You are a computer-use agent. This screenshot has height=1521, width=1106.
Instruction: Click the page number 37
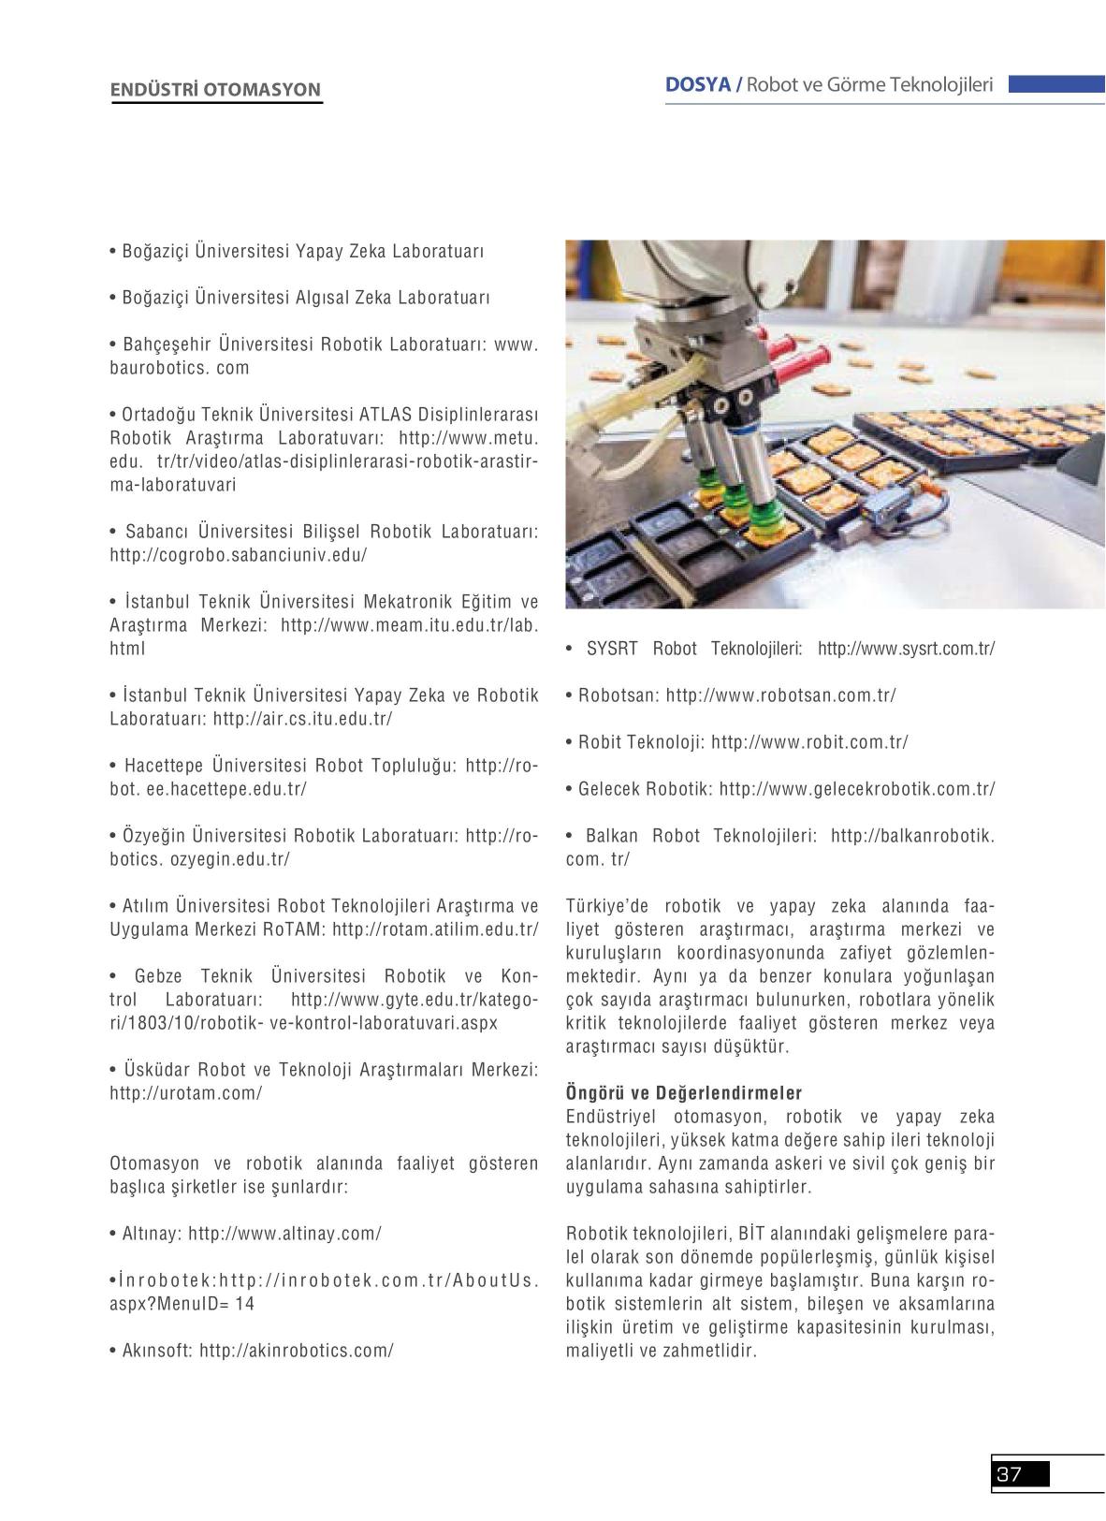tap(1010, 1474)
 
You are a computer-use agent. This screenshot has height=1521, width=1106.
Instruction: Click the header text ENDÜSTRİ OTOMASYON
tap(215, 90)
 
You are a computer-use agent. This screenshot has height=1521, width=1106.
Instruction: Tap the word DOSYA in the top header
tap(697, 84)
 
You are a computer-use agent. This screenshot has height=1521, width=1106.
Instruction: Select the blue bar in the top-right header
tap(1055, 84)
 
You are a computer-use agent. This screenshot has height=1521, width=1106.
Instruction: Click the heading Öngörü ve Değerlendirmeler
tap(684, 1093)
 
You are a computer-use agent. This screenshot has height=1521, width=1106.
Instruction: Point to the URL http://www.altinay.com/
tap(284, 1234)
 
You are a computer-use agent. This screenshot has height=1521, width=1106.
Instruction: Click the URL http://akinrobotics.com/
tap(296, 1351)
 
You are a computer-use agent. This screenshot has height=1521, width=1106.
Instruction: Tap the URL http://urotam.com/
tap(185, 1093)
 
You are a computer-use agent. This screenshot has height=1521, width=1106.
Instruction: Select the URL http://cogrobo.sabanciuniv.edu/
tap(238, 555)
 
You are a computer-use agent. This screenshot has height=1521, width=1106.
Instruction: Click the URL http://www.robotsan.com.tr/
tap(780, 695)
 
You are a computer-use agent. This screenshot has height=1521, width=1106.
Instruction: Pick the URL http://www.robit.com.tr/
tap(809, 742)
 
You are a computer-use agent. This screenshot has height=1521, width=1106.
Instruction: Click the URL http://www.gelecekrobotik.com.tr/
tap(857, 789)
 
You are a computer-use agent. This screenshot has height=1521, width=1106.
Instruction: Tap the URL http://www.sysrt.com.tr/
tap(906, 649)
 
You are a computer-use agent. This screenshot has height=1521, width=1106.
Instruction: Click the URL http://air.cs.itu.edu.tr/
tap(302, 719)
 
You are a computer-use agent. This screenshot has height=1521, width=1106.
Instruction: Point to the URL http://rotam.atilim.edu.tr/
tap(435, 929)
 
